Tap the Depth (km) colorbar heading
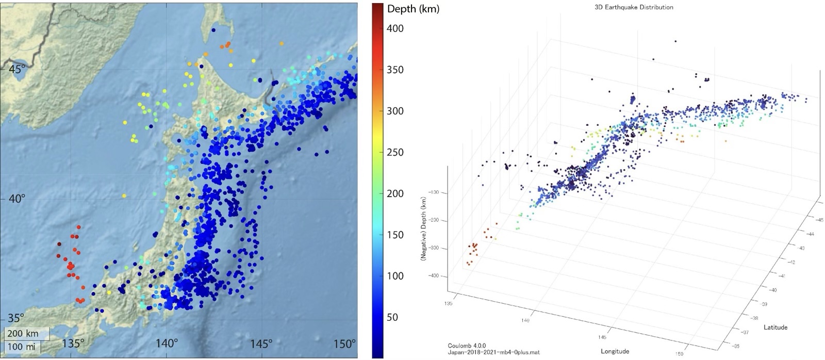point(413,9)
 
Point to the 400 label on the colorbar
point(395,28)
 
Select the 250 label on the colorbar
point(395,152)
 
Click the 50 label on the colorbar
point(392,317)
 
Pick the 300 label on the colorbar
point(395,111)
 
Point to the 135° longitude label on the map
point(73,343)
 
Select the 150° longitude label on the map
point(345,343)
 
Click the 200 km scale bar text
point(23,334)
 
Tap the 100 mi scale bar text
point(22,347)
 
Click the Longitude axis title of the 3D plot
point(615,351)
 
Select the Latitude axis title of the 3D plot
point(775,327)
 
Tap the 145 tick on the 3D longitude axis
point(602,337)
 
